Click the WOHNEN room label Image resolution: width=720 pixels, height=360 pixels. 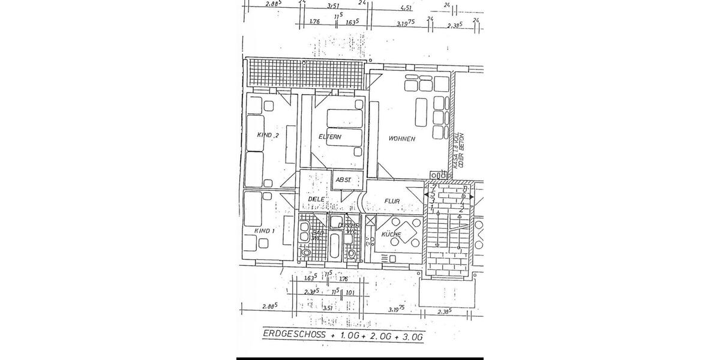(401, 139)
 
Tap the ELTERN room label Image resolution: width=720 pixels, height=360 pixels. (329, 137)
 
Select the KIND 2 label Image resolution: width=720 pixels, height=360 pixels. (268, 136)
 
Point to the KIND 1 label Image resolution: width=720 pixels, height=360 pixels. (264, 230)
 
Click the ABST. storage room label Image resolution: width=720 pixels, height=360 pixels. (343, 179)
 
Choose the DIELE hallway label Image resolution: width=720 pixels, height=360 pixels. (316, 199)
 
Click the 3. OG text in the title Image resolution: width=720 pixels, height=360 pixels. (412, 337)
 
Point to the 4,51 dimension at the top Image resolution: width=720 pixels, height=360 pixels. (406, 8)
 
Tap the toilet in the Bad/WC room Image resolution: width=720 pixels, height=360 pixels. (306, 253)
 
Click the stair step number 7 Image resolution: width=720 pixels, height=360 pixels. (433, 187)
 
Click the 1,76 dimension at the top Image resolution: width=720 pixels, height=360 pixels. (314, 22)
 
